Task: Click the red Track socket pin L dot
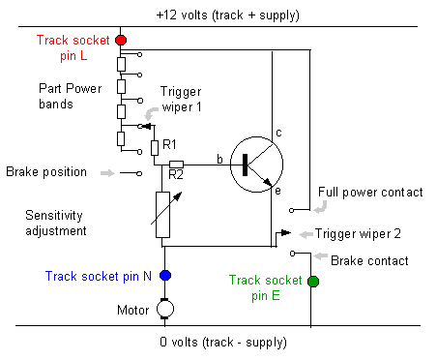click(x=121, y=40)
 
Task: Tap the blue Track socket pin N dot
click(x=165, y=276)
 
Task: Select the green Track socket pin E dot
click(x=313, y=282)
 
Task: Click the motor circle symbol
click(x=165, y=309)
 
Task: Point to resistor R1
click(x=155, y=148)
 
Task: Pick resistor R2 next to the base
click(x=176, y=165)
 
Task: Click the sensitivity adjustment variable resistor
click(x=162, y=215)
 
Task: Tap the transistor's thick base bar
click(x=245, y=165)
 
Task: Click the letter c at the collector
click(x=278, y=133)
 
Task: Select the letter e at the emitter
click(x=277, y=191)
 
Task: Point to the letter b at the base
click(x=219, y=159)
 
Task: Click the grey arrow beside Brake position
click(x=107, y=173)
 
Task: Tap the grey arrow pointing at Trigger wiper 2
click(x=306, y=234)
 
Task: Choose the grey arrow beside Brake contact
click(x=321, y=256)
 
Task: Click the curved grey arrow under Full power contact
click(x=321, y=207)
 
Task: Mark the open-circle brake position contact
click(x=139, y=173)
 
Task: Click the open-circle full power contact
click(x=292, y=210)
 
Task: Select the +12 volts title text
click(x=228, y=15)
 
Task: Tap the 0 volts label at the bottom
click(x=223, y=342)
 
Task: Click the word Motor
click(x=132, y=310)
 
